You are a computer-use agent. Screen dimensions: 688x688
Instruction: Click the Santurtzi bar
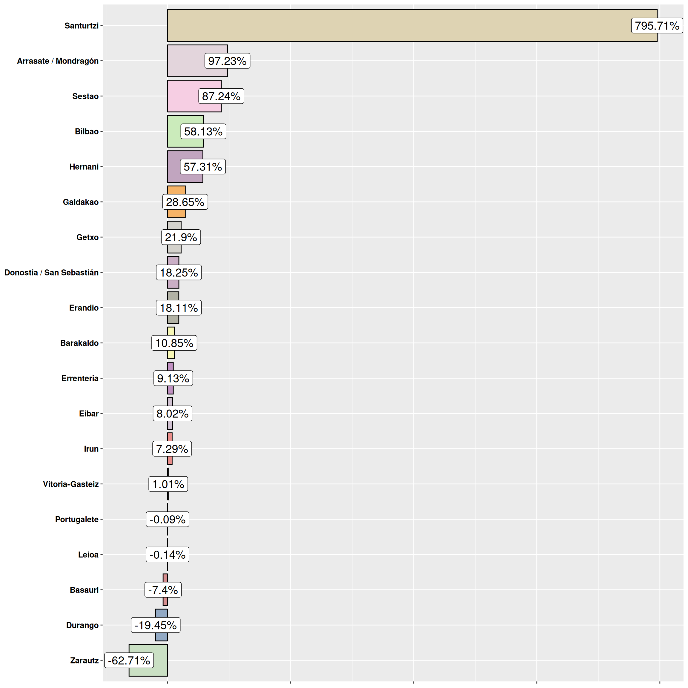pos(392,26)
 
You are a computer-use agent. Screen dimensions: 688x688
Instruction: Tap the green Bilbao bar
pos(174,131)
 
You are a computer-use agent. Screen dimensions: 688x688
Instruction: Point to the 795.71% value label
pos(657,26)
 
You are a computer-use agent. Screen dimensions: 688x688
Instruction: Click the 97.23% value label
pos(227,61)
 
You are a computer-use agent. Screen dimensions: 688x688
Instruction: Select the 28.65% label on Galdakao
pos(185,202)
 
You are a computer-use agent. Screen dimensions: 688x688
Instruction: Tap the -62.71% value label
pos(129,660)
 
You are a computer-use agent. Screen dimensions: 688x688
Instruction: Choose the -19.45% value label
pos(156,625)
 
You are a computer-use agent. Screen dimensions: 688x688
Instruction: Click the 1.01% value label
pos(168,484)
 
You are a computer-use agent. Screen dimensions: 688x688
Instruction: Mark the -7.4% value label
pos(163,590)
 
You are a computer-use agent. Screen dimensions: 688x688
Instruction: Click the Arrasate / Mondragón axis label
pos(58,61)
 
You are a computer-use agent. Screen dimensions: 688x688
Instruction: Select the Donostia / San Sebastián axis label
pos(51,272)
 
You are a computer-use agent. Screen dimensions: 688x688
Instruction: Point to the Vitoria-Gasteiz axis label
pos(70,484)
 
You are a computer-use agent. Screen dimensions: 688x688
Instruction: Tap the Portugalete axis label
pos(76,519)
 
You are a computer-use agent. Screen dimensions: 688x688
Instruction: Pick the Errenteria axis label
pos(80,378)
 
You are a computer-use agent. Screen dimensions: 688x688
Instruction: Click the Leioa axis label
pos(88,555)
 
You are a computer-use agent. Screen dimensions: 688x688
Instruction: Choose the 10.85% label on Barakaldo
pos(174,343)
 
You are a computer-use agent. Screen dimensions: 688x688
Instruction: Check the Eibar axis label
pos(89,414)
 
